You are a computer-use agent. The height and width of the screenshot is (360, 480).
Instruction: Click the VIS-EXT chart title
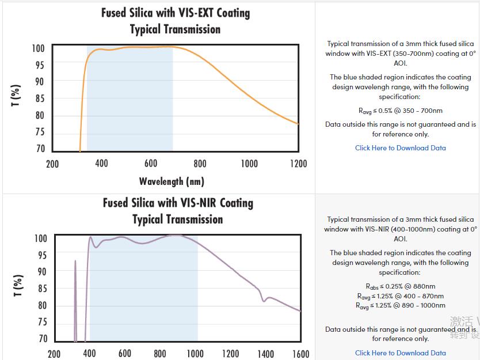176,21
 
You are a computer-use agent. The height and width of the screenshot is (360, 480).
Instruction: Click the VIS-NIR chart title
178,211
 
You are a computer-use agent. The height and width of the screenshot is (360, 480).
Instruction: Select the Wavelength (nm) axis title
172,181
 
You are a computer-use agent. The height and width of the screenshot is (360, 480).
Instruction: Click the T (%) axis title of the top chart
16,95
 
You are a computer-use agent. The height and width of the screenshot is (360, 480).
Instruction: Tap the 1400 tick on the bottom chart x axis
266,354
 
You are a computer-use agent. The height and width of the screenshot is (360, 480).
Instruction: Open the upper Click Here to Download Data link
400,148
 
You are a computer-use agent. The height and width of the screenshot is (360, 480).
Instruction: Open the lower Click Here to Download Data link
400,353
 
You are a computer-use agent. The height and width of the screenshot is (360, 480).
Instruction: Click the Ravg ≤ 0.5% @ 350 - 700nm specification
400,111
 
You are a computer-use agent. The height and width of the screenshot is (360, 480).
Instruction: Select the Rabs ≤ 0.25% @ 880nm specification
400,286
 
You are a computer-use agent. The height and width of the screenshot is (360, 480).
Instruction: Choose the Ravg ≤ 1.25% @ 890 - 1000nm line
400,306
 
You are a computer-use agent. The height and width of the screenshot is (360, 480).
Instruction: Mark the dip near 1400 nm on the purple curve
264,300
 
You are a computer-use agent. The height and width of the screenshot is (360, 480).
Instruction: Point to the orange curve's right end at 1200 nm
298,123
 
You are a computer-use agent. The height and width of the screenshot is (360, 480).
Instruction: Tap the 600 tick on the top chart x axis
151,164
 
